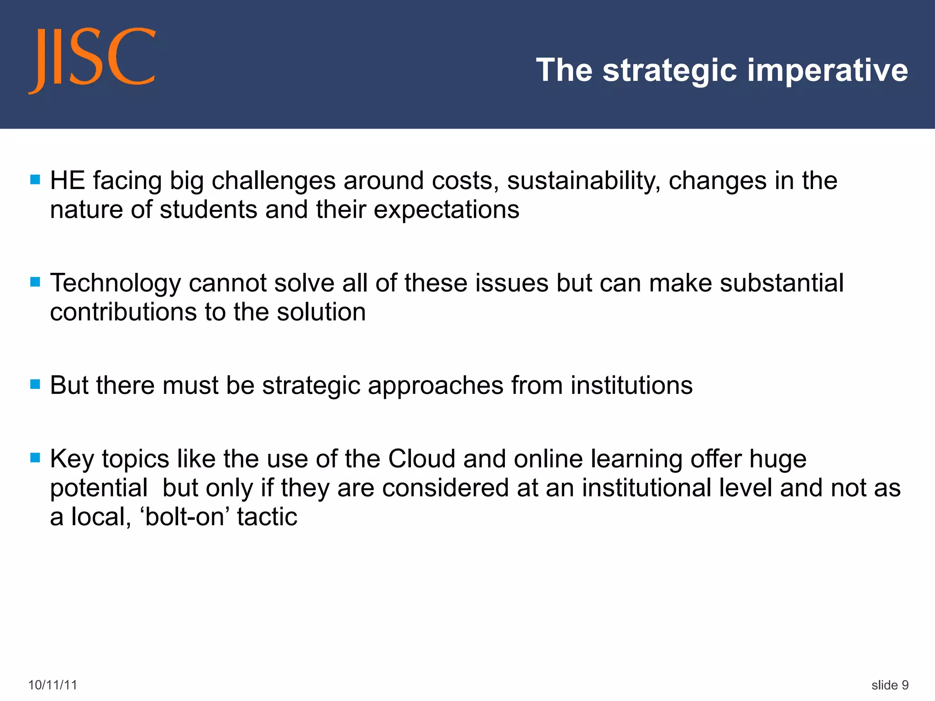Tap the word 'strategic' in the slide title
(x=670, y=70)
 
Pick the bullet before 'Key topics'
(x=35, y=457)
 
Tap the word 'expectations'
(x=446, y=210)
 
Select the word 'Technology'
(x=116, y=283)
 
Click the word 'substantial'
(x=782, y=283)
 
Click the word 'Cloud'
(x=421, y=459)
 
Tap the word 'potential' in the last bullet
(x=99, y=488)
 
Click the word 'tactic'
(x=267, y=517)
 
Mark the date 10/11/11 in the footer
(x=53, y=685)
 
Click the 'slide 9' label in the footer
(x=890, y=685)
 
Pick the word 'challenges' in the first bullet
(x=273, y=181)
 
